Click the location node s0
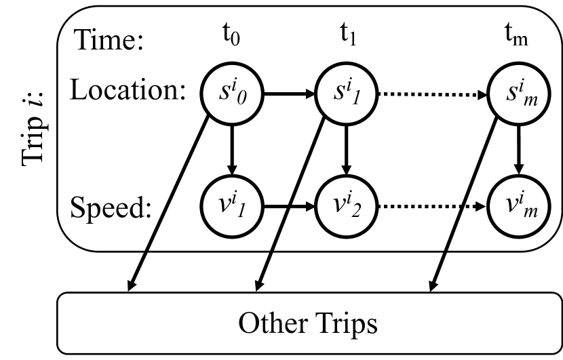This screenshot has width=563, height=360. (232, 94)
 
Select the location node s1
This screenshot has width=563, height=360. (347, 94)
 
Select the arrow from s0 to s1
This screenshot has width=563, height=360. (290, 94)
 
